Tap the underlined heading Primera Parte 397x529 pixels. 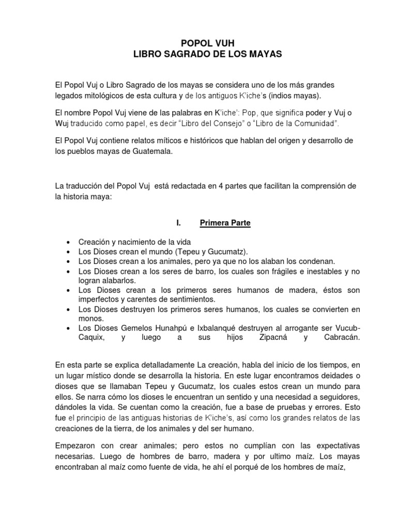(x=225, y=223)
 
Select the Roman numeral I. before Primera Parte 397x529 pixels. (x=178, y=223)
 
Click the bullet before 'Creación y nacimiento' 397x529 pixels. (x=68, y=242)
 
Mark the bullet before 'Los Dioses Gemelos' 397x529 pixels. (x=68, y=329)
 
